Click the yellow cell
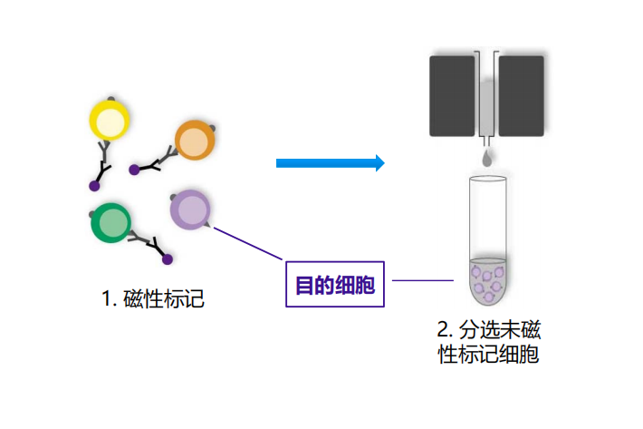110,121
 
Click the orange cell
192,141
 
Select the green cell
111,223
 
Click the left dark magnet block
452,95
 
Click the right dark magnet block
521,95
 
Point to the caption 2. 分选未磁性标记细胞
488,341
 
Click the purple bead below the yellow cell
93,186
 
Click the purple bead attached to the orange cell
134,170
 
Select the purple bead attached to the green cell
167,259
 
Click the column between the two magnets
487,95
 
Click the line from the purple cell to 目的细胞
250,243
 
